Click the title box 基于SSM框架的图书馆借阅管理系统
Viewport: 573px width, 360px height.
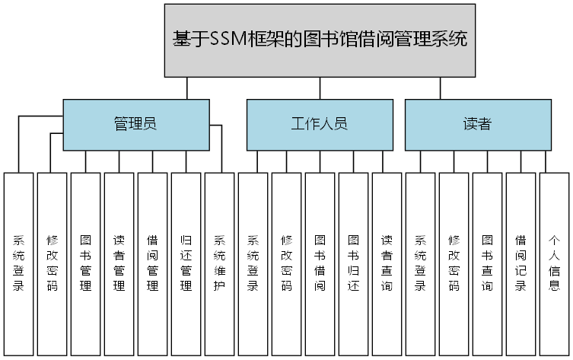(x=320, y=40)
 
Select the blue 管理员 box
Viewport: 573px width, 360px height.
(x=135, y=124)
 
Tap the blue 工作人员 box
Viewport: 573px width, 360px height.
(x=319, y=124)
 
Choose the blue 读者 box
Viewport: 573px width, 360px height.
(x=477, y=124)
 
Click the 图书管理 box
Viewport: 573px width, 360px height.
(x=85, y=263)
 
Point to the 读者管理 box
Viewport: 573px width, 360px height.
(x=119, y=263)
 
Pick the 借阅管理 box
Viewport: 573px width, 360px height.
(x=152, y=263)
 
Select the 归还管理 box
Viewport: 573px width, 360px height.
(x=186, y=263)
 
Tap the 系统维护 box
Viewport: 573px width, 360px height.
(x=219, y=263)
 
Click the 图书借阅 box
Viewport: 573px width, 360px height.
(x=320, y=263)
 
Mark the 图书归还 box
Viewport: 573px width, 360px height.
(x=353, y=263)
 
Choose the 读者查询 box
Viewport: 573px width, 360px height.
(x=387, y=263)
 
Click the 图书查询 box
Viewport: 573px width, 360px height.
(x=487, y=263)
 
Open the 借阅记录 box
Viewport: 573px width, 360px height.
(x=520, y=263)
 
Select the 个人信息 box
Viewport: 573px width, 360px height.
(x=554, y=263)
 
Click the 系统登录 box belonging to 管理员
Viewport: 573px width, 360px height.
(x=18, y=263)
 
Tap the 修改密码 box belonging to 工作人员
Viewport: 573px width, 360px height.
(x=286, y=263)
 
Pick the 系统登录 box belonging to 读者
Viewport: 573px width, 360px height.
(x=420, y=263)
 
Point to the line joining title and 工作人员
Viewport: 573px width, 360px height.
(x=320, y=88)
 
